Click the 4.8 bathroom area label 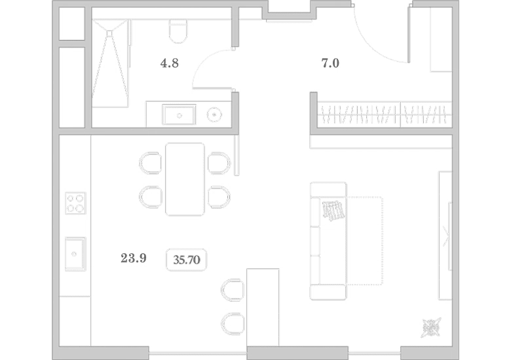tap(170, 63)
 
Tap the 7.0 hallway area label tap(330, 63)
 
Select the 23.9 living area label tap(134, 258)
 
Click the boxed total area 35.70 tap(187, 260)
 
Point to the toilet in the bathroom tap(178, 31)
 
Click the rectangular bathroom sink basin tap(179, 115)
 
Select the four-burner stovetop tap(75, 203)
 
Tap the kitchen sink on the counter tap(75, 254)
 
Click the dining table tap(185, 179)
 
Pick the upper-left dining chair tap(150, 163)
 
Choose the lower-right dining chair tap(219, 197)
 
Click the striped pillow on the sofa tap(333, 211)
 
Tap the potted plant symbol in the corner tap(432, 328)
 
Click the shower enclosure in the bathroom tap(111, 63)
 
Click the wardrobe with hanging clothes tap(385, 115)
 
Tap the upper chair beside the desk tap(233, 290)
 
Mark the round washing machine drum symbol tap(214, 115)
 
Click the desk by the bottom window tap(263, 307)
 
